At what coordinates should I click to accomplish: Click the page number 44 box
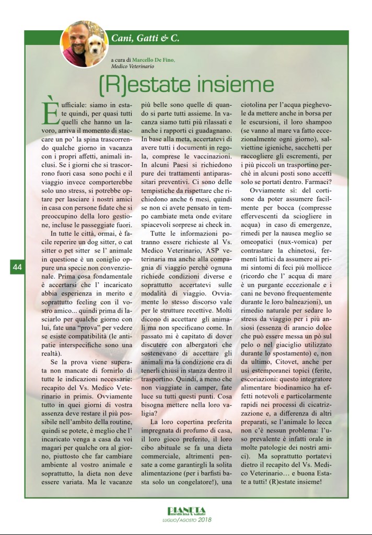click(x=17, y=267)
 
